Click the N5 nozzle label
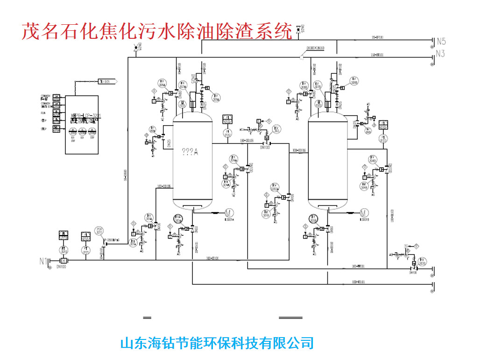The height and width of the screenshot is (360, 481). point(441,41)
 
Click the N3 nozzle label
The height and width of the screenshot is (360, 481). point(440,54)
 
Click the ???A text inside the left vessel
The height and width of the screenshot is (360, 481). point(190,151)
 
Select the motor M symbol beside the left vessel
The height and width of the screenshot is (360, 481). point(229,213)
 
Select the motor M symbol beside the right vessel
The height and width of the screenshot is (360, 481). point(365,213)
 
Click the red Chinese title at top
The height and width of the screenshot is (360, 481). point(157,32)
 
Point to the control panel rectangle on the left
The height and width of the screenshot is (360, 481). point(82,125)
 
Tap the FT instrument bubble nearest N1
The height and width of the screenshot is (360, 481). point(63,250)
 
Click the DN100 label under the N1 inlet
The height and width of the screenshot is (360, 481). point(61,267)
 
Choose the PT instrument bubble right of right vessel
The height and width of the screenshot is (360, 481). point(383,139)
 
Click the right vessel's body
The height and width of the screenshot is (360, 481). point(328,163)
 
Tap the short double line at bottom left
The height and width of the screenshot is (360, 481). point(148,318)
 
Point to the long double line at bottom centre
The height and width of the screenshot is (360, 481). point(290,318)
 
